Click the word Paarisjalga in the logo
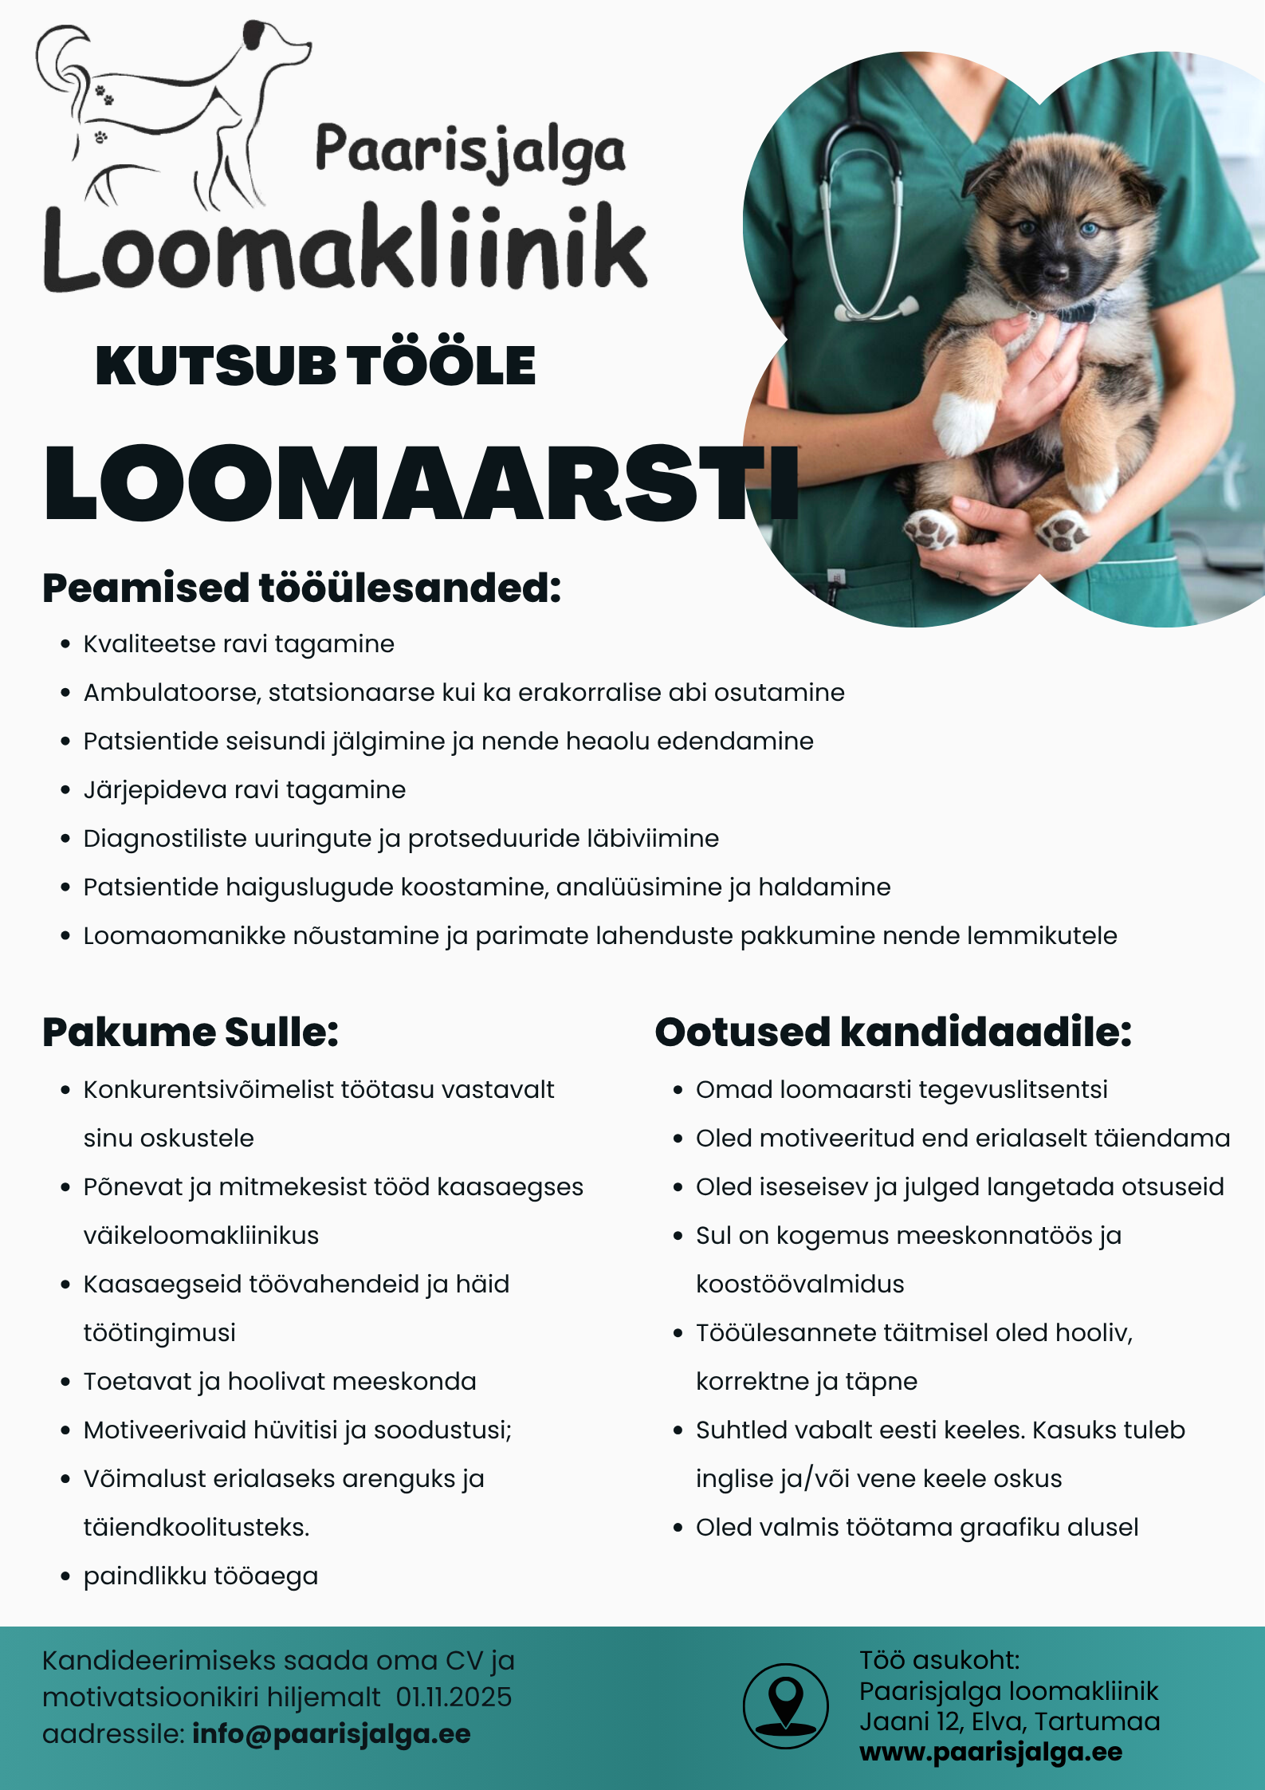click(470, 151)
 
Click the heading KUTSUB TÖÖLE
click(316, 366)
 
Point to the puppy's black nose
click(1057, 272)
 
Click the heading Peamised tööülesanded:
click(302, 588)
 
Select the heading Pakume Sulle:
click(191, 1032)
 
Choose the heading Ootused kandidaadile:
click(893, 1032)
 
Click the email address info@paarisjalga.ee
click(332, 1733)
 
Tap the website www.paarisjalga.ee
click(991, 1752)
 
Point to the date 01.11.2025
click(454, 1697)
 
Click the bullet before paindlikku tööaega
click(66, 1577)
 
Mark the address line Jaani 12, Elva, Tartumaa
click(1009, 1721)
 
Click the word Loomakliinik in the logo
click(344, 249)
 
